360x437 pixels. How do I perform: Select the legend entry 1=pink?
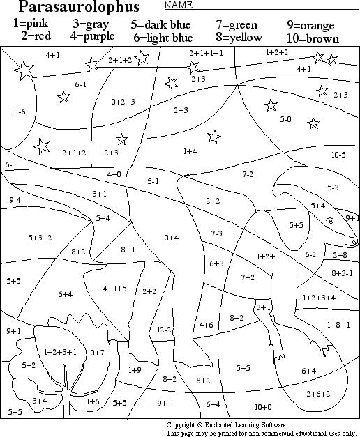click(x=32, y=24)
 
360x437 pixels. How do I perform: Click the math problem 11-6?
click(x=18, y=112)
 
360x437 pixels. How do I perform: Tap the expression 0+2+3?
click(x=123, y=102)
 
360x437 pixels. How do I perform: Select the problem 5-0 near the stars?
click(x=285, y=119)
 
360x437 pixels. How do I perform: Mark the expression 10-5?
click(x=338, y=155)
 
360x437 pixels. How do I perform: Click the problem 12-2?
click(x=164, y=329)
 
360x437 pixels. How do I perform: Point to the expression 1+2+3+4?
click(x=319, y=298)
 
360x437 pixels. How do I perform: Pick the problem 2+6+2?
click(x=318, y=394)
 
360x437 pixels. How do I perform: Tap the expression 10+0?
click(x=263, y=406)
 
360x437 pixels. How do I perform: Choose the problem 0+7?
click(x=97, y=353)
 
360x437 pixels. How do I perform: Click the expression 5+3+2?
click(x=40, y=238)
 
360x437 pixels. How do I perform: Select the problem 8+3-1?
click(x=343, y=273)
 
